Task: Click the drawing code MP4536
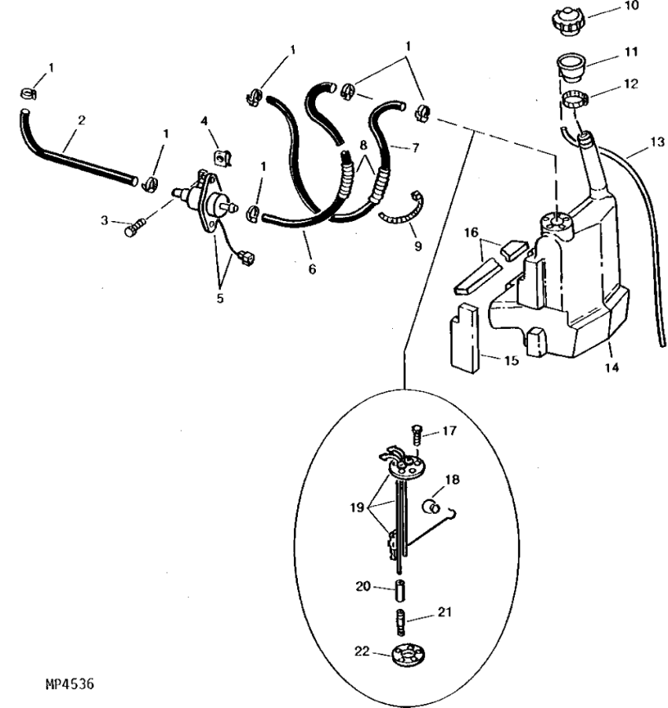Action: click(x=69, y=684)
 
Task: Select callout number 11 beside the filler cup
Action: click(x=632, y=52)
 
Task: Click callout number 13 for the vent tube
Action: click(x=657, y=142)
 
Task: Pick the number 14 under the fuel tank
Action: click(x=611, y=367)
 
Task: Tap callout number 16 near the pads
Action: click(x=471, y=233)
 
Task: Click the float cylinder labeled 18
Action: click(x=431, y=506)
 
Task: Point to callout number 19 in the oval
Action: click(x=357, y=507)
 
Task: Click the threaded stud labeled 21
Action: click(x=401, y=621)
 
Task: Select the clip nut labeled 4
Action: click(x=222, y=158)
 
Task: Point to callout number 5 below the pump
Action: click(x=220, y=298)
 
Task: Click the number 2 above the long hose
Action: click(x=81, y=120)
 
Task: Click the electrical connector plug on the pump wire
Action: click(x=247, y=258)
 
